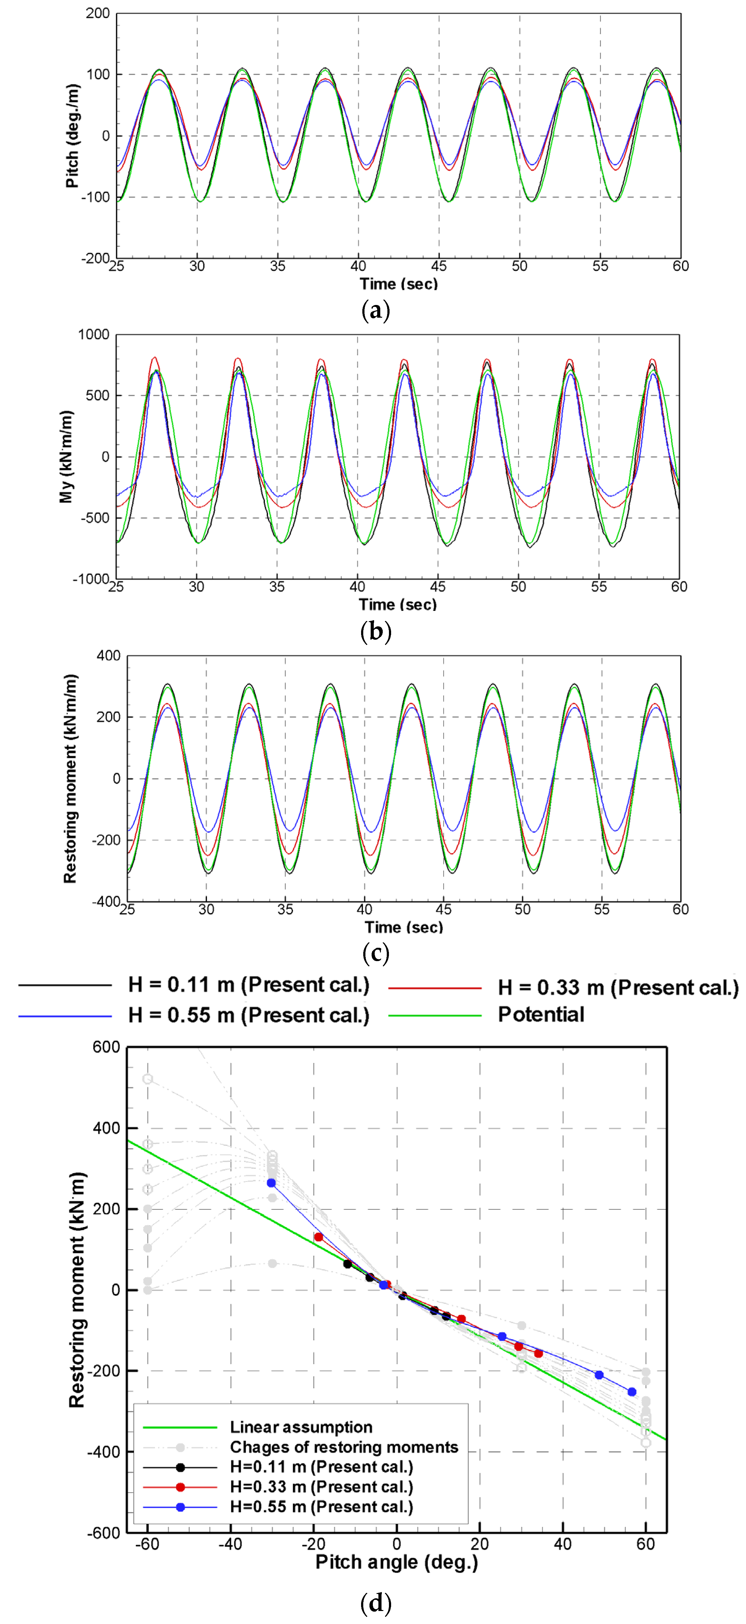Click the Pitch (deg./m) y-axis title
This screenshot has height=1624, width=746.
72,136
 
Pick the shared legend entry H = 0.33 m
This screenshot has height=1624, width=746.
618,987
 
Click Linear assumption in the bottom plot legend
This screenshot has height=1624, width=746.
300,1427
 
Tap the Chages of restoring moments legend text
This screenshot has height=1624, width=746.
343,1447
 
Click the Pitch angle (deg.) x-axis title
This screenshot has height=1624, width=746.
396,1561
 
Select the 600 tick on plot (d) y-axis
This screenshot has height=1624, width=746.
106,1047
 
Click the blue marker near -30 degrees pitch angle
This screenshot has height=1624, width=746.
272,1183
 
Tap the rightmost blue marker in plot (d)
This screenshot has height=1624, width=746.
632,1391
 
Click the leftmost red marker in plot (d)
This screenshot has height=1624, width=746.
319,1237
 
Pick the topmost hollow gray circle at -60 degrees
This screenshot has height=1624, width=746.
147,1079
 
